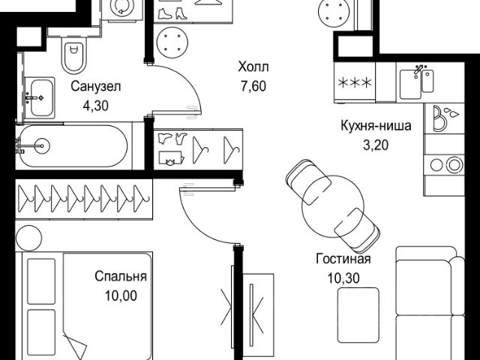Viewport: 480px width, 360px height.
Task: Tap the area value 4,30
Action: [x=95, y=106]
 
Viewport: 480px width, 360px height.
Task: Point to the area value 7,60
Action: [x=252, y=85]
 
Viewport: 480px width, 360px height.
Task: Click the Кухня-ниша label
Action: [x=376, y=126]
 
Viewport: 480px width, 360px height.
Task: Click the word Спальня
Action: [x=120, y=277]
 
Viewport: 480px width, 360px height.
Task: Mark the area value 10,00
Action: [x=120, y=295]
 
